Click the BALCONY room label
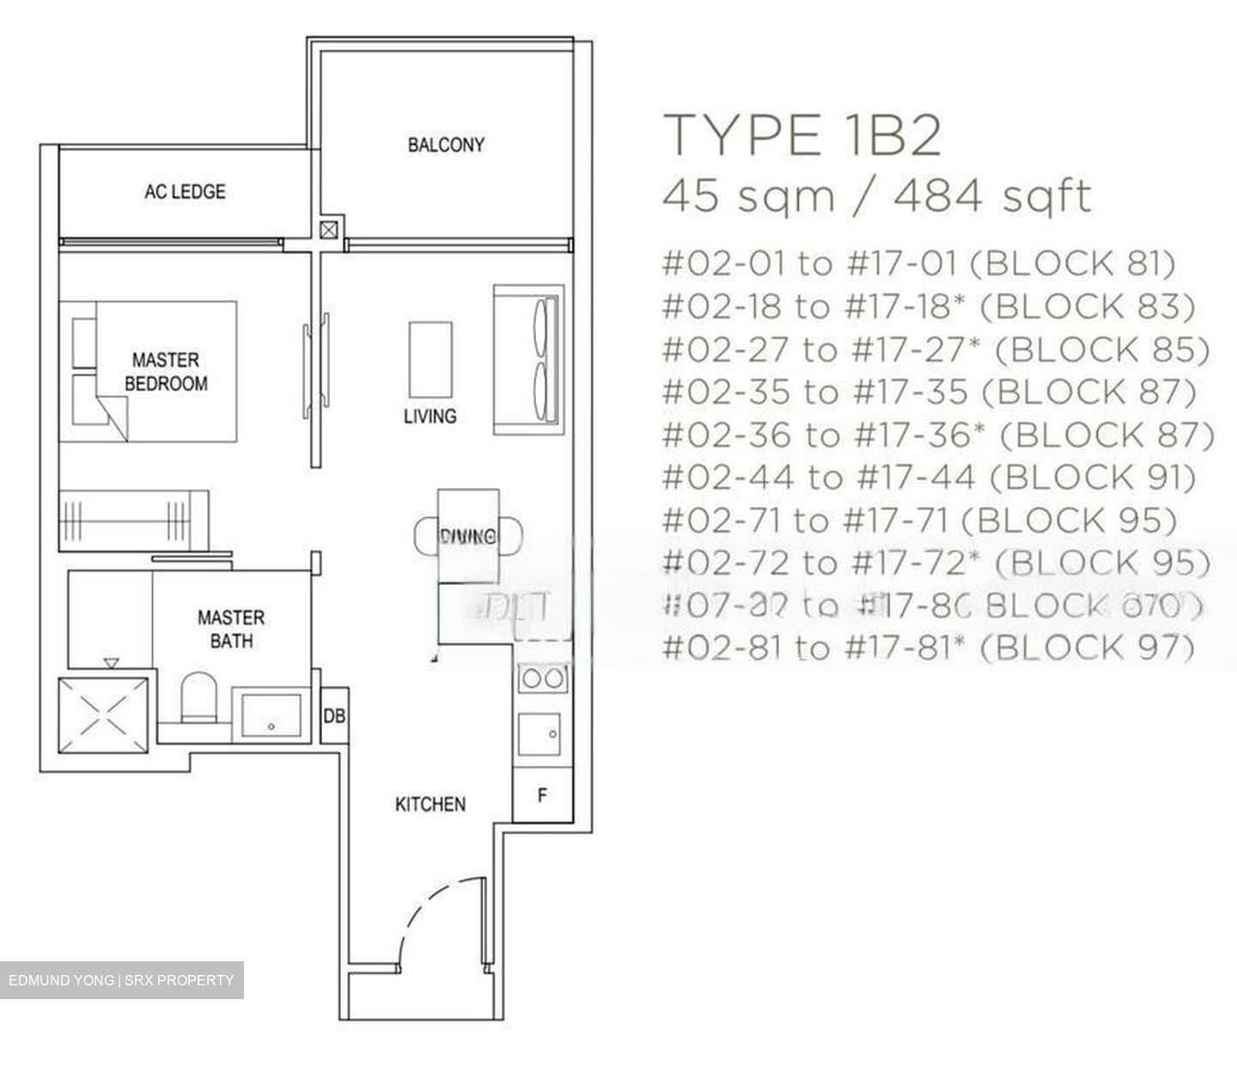445,144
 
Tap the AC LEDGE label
185,191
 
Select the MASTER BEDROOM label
166,371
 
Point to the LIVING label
430,417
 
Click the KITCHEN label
430,804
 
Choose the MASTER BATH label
230,629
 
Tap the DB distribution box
334,715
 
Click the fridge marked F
542,795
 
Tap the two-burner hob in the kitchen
542,679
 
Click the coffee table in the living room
430,358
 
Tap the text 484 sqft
992,196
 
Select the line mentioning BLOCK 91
929,478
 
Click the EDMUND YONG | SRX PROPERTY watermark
121,980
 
